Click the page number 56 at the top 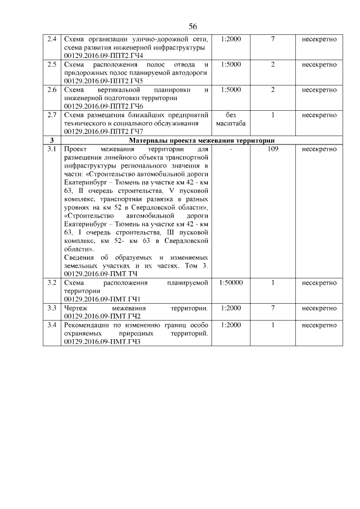pyautogui.click(x=192, y=26)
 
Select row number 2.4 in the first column pyautogui.click(x=52, y=39)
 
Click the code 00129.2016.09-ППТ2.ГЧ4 pyautogui.click(x=103, y=56)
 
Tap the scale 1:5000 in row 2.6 pyautogui.click(x=231, y=90)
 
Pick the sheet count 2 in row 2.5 pyautogui.click(x=272, y=65)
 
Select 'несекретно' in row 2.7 pyautogui.click(x=319, y=115)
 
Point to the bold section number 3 pyautogui.click(x=52, y=141)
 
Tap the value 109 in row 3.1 pyautogui.click(x=272, y=149)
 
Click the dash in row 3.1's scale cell pyautogui.click(x=231, y=149)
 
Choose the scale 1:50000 pyautogui.click(x=231, y=282)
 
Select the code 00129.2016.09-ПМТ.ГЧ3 pyautogui.click(x=102, y=341)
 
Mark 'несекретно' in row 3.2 pyautogui.click(x=319, y=282)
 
